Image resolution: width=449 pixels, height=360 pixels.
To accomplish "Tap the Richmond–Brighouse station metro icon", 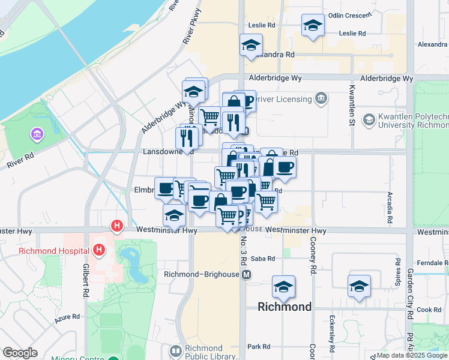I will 246,275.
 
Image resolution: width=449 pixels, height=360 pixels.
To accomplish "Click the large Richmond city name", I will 285,307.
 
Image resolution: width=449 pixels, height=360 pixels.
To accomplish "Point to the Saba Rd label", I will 264,259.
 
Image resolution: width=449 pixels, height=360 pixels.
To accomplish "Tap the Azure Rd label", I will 67,317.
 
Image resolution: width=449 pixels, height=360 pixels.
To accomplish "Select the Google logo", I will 20,353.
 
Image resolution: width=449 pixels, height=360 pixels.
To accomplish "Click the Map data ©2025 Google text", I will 411,355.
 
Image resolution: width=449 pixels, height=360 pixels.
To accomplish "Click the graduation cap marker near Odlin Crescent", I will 312,26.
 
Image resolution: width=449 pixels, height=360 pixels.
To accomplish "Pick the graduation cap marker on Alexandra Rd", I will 251,44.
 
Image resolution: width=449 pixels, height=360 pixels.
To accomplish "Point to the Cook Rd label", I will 429,310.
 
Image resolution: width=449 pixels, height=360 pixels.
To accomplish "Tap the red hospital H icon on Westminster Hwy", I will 117,226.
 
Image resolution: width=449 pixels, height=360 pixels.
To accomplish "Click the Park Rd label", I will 259,347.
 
